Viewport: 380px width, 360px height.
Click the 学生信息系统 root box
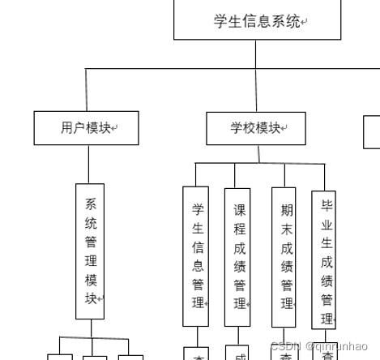pyautogui.click(x=256, y=21)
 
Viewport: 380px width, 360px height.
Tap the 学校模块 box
pyautogui.click(x=256, y=128)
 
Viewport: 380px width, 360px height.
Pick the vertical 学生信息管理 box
pyautogui.click(x=196, y=255)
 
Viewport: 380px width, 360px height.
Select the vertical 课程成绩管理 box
pyautogui.click(x=238, y=255)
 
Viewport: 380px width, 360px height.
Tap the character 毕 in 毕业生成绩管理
pyautogui.click(x=327, y=205)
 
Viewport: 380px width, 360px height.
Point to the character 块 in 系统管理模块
pyautogui.click(x=91, y=298)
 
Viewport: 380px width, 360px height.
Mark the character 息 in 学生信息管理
pyautogui.click(x=198, y=266)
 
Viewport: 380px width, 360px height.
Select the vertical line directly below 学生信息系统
pyautogui.click(x=256, y=54)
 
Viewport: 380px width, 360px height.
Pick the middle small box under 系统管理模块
pyautogui.click(x=94, y=357)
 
